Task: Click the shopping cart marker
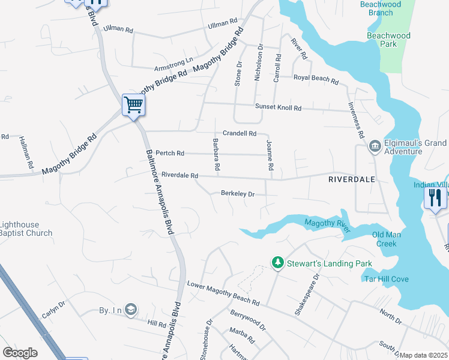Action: (133, 105)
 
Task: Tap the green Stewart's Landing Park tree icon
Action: (277, 263)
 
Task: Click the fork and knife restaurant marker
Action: (435, 197)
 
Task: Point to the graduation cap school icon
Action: (132, 310)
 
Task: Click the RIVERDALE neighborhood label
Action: (352, 179)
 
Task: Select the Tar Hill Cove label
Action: (388, 279)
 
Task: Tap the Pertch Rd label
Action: (170, 154)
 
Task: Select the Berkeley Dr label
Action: (238, 194)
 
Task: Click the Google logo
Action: (20, 353)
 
